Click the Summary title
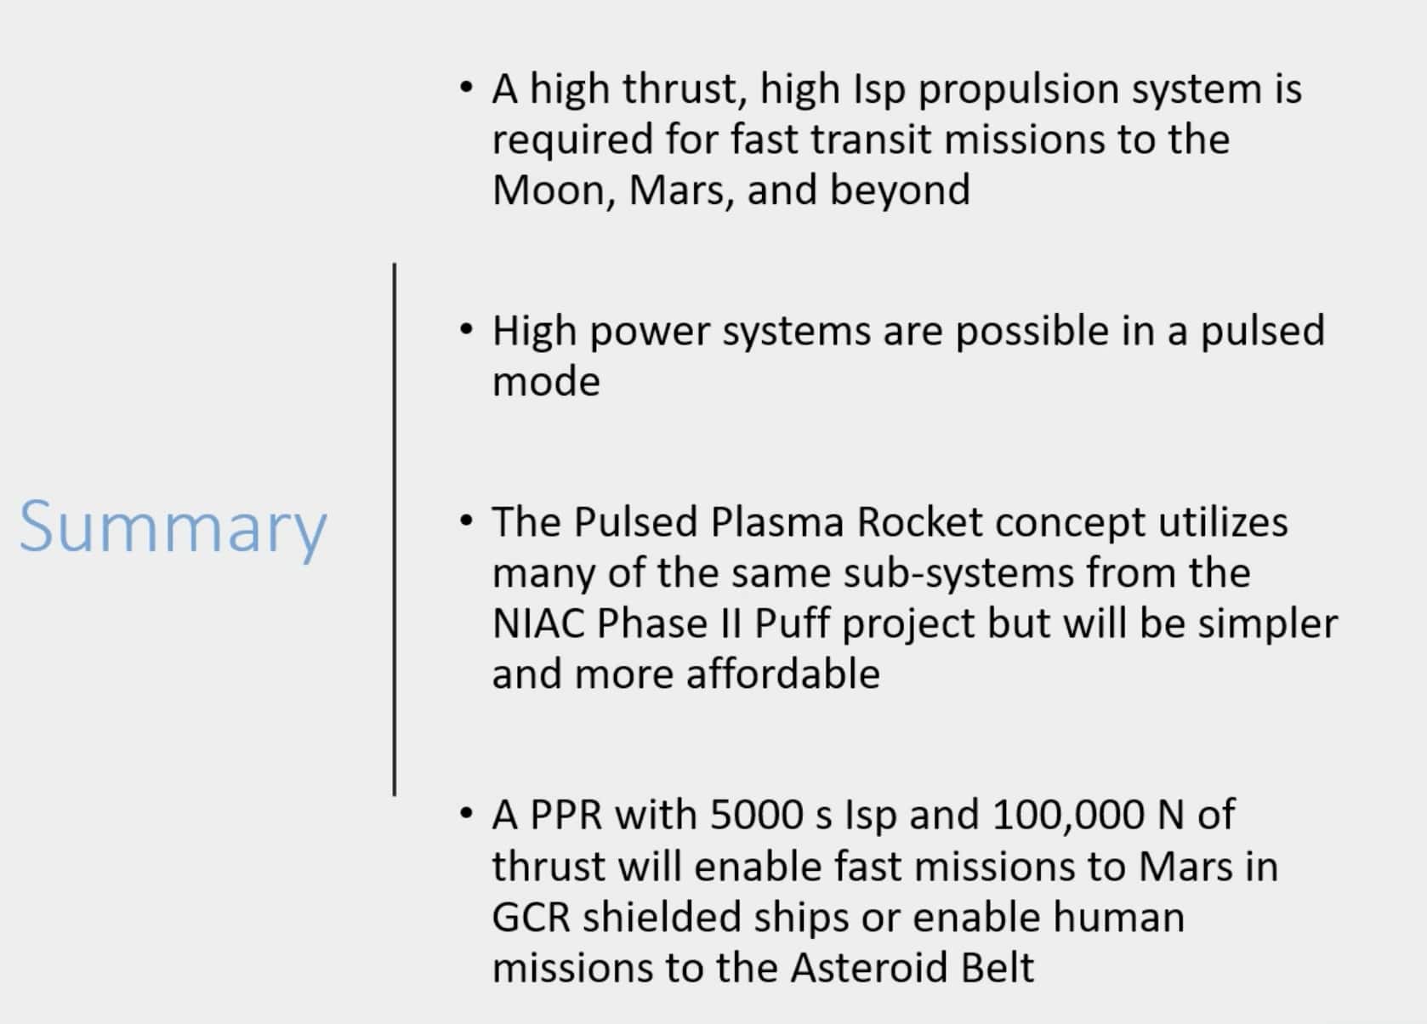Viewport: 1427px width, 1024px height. [173, 527]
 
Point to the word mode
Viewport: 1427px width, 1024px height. [546, 381]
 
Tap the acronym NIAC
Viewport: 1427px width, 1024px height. [537, 623]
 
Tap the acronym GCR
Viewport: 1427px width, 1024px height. [531, 917]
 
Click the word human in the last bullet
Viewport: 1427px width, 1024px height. [1118, 917]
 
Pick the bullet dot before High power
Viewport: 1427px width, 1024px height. [465, 328]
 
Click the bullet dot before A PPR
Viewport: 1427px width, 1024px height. [465, 813]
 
